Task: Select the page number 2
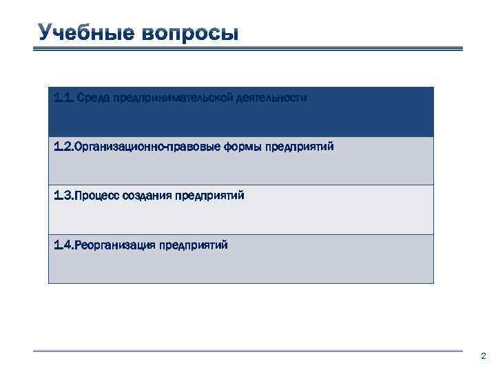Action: point(482,357)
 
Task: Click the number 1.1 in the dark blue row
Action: point(63,98)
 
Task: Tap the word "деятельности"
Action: point(269,98)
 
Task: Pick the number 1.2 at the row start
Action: point(63,147)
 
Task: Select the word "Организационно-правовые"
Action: point(146,147)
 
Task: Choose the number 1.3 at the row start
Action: point(63,196)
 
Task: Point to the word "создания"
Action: point(147,196)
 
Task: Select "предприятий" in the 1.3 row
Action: point(209,196)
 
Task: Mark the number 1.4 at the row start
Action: point(63,245)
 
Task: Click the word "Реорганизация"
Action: point(114,245)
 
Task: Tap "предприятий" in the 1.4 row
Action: point(193,245)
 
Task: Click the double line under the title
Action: point(248,48)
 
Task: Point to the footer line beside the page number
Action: point(248,351)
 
